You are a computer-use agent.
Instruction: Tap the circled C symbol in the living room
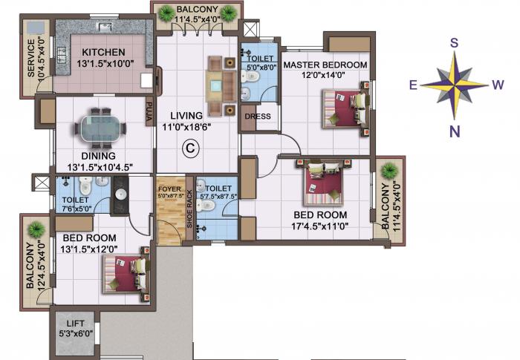click(191, 148)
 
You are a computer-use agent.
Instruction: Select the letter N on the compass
click(454, 132)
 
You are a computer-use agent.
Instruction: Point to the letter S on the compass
click(454, 43)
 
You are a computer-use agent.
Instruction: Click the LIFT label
click(76, 324)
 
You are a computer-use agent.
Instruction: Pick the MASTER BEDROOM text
click(325, 65)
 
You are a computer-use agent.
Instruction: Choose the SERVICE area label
click(30, 58)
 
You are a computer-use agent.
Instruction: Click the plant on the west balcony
click(388, 171)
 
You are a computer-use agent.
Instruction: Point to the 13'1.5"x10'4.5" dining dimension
click(101, 168)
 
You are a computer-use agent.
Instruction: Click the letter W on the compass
click(498, 85)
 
